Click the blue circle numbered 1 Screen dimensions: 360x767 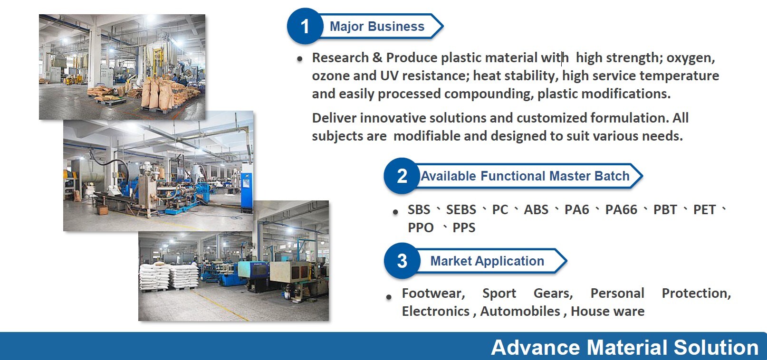[305, 26]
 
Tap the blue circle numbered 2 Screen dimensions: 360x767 [402, 176]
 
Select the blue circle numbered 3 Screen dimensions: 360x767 [402, 261]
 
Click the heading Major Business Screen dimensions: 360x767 [377, 27]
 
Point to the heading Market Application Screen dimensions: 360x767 [487, 261]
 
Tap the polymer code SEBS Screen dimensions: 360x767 [460, 210]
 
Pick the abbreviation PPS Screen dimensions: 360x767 [464, 228]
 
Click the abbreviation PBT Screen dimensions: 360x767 [664, 210]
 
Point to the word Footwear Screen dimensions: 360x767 [433, 294]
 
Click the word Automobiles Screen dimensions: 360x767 [520, 312]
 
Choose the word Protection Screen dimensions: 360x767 [696, 294]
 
